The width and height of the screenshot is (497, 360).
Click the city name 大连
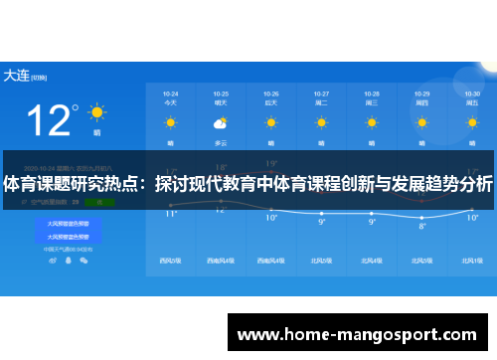(15, 75)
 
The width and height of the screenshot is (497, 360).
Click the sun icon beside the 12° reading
(96, 111)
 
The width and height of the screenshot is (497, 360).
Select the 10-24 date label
(170, 92)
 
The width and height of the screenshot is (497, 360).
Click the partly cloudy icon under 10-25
(221, 123)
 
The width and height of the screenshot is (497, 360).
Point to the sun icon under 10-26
(271, 123)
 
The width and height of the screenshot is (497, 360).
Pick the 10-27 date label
(321, 92)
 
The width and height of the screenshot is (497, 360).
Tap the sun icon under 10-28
(372, 123)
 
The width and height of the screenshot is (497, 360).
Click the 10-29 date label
(422, 92)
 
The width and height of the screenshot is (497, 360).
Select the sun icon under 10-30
(472, 123)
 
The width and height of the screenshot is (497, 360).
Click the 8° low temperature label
(421, 226)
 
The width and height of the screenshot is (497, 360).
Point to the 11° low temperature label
(170, 213)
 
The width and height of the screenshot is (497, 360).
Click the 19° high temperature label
(271, 162)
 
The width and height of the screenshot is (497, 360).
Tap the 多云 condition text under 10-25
(221, 142)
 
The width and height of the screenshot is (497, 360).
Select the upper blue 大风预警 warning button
(75, 224)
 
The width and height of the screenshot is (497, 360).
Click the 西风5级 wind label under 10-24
(170, 261)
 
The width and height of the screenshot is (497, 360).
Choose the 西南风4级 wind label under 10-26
(271, 261)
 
